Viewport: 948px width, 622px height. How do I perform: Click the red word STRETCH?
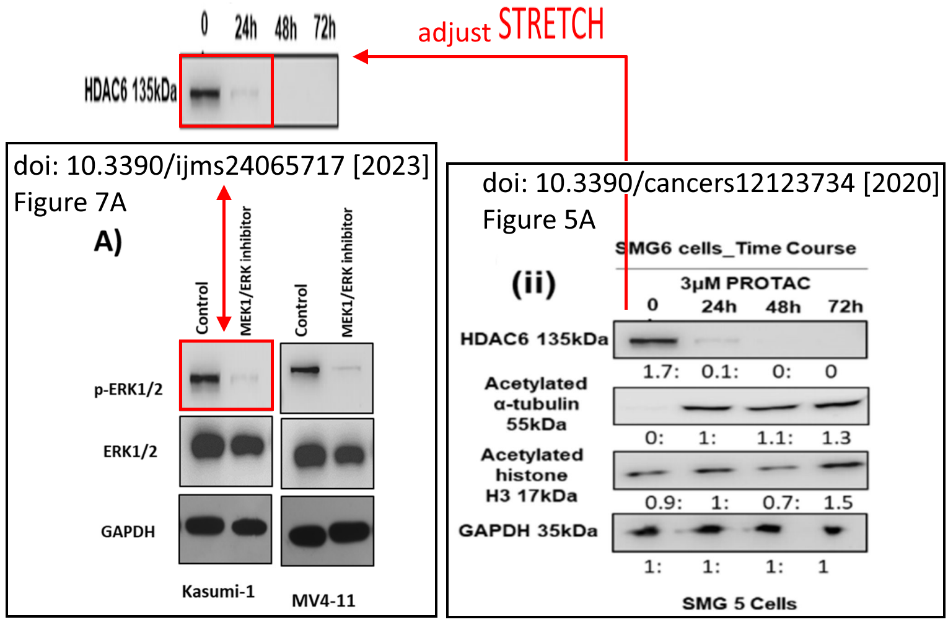click(x=551, y=25)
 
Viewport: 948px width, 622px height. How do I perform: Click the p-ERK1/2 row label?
click(x=128, y=390)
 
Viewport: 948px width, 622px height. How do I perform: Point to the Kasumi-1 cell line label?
click(x=218, y=592)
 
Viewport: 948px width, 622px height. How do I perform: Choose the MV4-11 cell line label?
click(x=323, y=600)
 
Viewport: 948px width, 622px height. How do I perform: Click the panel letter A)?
click(x=108, y=241)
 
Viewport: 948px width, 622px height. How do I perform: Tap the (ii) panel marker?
click(x=533, y=284)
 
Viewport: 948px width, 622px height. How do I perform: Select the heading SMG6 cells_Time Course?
click(x=735, y=248)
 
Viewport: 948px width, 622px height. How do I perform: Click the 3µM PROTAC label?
click(x=745, y=283)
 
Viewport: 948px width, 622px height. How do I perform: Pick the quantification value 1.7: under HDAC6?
click(x=661, y=372)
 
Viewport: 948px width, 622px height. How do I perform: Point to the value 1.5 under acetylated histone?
click(x=838, y=502)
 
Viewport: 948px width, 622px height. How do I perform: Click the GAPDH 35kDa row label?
click(x=528, y=531)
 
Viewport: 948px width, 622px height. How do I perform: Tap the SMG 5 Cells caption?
click(x=739, y=603)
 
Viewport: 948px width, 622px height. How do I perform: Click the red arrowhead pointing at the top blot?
click(x=361, y=57)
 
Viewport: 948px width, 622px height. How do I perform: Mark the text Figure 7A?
click(x=70, y=203)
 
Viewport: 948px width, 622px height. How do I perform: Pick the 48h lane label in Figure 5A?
click(x=783, y=307)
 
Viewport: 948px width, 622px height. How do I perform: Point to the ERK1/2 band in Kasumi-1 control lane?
click(x=208, y=445)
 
